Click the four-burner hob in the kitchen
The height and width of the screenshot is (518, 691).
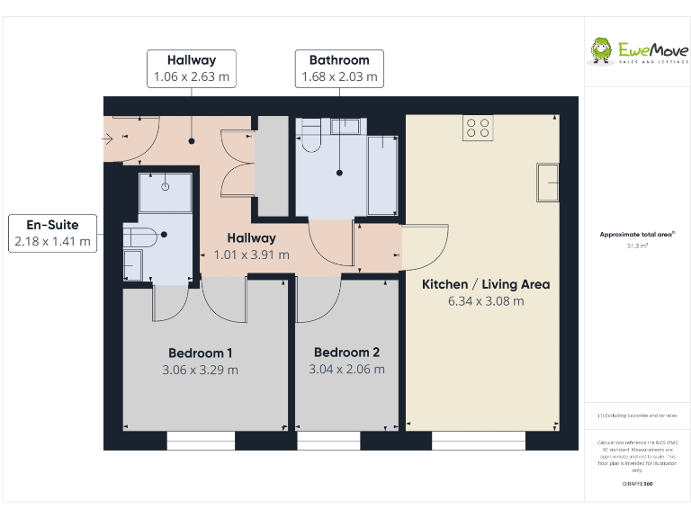477,129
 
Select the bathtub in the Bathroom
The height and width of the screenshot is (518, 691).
382,174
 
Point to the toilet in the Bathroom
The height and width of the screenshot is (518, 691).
311,138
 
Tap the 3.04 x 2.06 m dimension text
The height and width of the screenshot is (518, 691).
346,370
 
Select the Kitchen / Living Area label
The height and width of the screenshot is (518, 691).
486,284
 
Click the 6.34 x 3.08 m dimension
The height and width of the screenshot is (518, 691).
486,301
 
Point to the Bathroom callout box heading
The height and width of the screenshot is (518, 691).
339,60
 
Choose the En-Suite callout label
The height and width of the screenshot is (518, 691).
52,225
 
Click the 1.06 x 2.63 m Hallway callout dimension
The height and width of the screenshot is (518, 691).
191,77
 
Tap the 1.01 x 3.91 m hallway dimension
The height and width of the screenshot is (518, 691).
251,255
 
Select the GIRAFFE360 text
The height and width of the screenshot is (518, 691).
637,484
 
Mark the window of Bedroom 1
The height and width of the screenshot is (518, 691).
201,440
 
